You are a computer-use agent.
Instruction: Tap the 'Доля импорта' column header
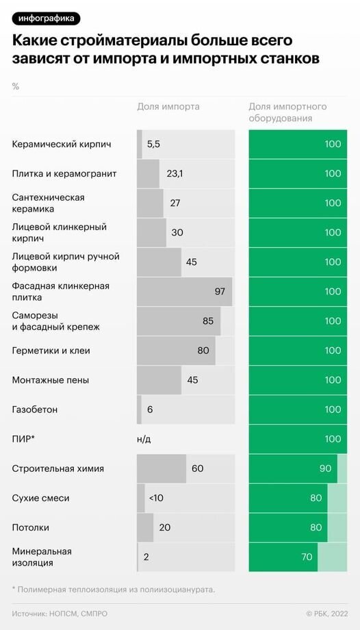pyautogui.click(x=168, y=107)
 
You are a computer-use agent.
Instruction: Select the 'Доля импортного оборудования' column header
pyautogui.click(x=287, y=112)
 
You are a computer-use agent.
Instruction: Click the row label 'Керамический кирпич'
pyautogui.click(x=62, y=144)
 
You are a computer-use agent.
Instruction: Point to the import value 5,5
pyautogui.click(x=153, y=144)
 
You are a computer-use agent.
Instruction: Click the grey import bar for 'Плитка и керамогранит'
pyautogui.click(x=148, y=174)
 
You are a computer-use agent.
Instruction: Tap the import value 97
pyautogui.click(x=220, y=292)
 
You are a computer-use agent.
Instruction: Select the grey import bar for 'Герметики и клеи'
pyautogui.click(x=176, y=351)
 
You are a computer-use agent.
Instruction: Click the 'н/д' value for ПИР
pyautogui.click(x=144, y=439)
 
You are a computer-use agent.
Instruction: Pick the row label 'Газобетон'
pyautogui.click(x=35, y=409)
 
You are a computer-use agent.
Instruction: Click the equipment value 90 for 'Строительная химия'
pyautogui.click(x=325, y=469)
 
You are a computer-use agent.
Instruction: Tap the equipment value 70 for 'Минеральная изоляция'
pyautogui.click(x=307, y=557)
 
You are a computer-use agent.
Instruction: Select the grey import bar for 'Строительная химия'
pyautogui.click(x=161, y=469)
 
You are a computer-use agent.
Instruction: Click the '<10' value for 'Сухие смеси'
pyautogui.click(x=156, y=499)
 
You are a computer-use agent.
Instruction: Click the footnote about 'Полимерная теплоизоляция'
pyautogui.click(x=114, y=589)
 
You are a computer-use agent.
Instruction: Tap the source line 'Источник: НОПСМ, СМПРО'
pyautogui.click(x=60, y=614)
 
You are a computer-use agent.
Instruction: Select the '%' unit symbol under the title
pyautogui.click(x=15, y=87)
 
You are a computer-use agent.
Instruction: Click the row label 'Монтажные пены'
pyautogui.click(x=51, y=380)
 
